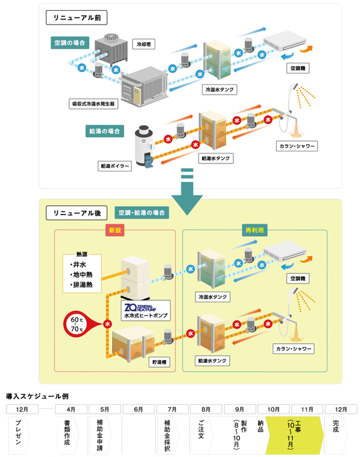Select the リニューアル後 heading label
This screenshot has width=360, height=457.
tap(73, 213)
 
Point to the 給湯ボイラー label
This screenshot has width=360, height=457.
tap(115, 164)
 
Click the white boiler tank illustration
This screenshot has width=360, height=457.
tap(145, 143)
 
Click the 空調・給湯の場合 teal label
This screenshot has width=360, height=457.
tap(141, 213)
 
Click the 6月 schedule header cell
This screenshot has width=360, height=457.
tap(138, 408)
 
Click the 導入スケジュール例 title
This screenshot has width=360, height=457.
tap(37, 396)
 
